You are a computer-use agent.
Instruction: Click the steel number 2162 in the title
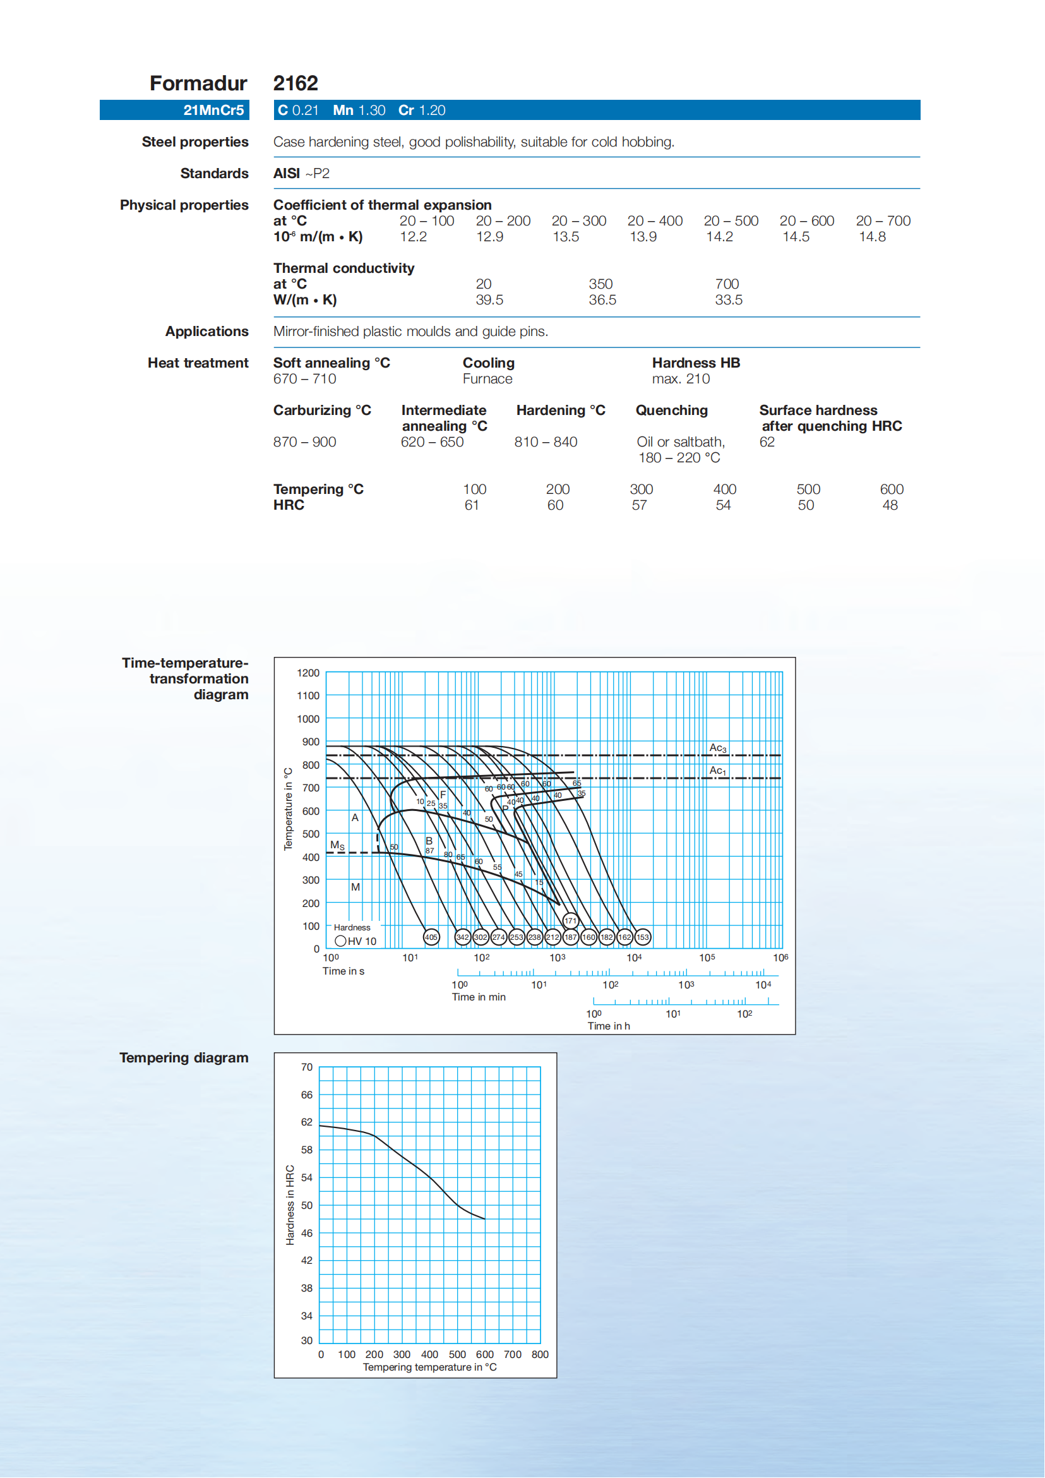coord(296,83)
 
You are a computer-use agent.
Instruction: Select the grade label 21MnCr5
coord(213,110)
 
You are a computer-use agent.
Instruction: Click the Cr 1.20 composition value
coord(422,110)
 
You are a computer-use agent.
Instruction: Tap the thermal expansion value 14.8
coord(872,237)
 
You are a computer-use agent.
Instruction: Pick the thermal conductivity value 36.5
coord(602,300)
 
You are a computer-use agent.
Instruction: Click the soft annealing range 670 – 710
coord(304,379)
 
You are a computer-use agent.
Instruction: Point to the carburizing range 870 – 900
coord(304,442)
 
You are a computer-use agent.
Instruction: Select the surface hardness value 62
coord(767,442)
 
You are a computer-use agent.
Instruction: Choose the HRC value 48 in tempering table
coord(889,505)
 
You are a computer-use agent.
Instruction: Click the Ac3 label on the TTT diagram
coord(717,748)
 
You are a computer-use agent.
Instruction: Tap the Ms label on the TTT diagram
coord(337,845)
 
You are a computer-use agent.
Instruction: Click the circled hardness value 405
coord(431,937)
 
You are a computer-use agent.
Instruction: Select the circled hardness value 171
coord(570,920)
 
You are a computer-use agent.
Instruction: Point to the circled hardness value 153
coord(642,937)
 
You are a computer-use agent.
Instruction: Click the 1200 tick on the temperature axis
coord(308,673)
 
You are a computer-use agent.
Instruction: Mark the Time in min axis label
coord(478,997)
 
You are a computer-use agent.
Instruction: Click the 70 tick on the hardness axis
coord(307,1067)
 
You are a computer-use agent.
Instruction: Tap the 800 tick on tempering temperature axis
coord(540,1354)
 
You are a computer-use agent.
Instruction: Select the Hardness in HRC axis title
coord(290,1205)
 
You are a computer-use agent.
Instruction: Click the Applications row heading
coord(206,332)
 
